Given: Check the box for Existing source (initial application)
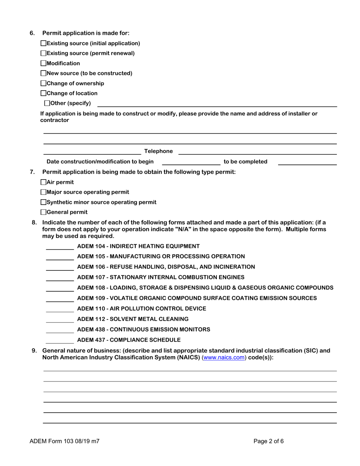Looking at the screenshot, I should (x=43, y=44).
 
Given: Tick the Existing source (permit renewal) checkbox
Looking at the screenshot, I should (x=43, y=53).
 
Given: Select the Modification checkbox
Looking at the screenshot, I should (x=43, y=63).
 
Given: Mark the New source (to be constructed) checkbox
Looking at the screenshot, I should (x=43, y=73).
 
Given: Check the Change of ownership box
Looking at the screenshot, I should (x=43, y=83).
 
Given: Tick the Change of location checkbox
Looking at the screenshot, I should (x=43, y=93).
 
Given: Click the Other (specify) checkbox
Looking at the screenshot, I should (x=47, y=103).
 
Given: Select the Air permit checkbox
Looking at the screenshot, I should (x=43, y=182).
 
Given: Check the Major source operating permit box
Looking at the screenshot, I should (x=43, y=192).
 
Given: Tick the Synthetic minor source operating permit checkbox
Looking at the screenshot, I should (x=43, y=202).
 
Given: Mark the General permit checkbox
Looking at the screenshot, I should (x=43, y=212).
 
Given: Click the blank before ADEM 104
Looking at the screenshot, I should (x=60, y=247).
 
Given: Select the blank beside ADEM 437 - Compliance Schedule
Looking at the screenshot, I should (x=60, y=340).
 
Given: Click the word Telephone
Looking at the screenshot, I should (x=158, y=151).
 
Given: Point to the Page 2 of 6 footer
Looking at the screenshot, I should (x=268, y=441).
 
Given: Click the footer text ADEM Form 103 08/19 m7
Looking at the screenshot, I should (x=64, y=441).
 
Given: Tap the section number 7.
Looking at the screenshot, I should (x=32, y=172).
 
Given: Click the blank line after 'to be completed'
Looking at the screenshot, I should (x=307, y=162).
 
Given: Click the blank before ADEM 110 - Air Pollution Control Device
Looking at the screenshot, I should (x=60, y=309).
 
